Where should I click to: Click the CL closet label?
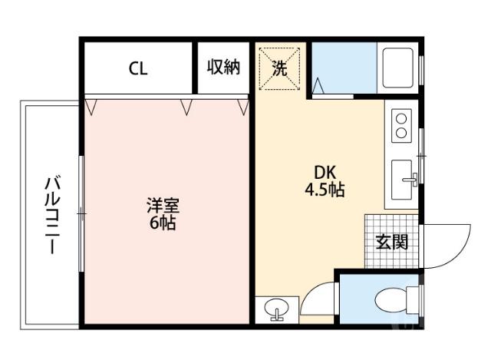(138, 68)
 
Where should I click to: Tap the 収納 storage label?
(224, 68)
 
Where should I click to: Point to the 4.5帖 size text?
(324, 190)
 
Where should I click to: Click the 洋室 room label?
(163, 206)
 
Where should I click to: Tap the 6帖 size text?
(163, 223)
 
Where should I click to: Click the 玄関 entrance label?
(391, 242)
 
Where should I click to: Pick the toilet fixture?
(396, 298)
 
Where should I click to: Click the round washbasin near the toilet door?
(275, 309)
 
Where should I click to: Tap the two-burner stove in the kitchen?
(402, 124)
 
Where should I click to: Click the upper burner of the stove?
(402, 116)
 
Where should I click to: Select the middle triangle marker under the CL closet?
(186, 106)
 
